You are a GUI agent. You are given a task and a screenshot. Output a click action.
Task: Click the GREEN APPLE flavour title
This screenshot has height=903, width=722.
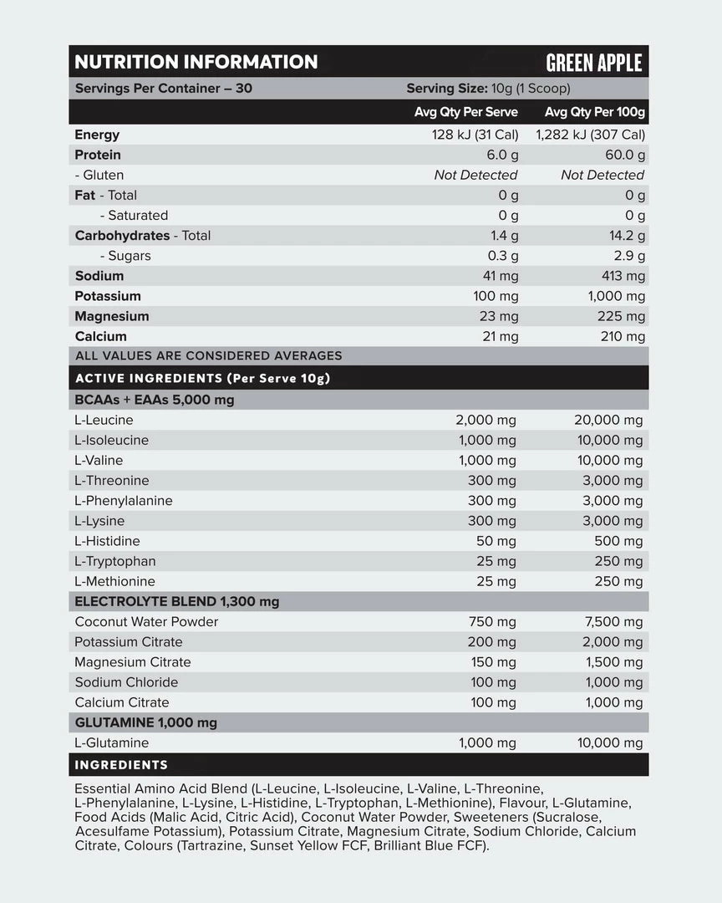coord(593,63)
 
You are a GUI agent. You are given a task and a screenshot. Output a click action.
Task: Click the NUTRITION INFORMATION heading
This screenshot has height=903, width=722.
coord(196,62)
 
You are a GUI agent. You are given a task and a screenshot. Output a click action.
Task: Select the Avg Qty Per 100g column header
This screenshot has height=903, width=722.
coord(595,112)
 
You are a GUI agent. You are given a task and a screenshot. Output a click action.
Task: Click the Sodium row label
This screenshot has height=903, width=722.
coord(99,276)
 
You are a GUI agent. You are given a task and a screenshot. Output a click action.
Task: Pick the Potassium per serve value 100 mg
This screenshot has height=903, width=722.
coord(496,296)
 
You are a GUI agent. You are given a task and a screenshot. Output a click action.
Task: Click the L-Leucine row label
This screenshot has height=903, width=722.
coord(104,420)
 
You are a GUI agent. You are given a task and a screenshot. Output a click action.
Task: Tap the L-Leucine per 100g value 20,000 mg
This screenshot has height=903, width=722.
coord(608,420)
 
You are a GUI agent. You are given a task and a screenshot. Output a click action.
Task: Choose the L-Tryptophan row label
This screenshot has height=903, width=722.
coord(115,561)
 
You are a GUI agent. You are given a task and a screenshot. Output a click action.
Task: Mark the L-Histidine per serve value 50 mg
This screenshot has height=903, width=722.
coord(496,541)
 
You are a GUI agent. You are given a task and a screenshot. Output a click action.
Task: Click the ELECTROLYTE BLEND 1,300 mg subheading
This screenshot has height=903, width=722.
coord(177,601)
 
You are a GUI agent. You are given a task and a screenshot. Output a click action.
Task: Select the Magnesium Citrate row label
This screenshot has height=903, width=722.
coord(133,661)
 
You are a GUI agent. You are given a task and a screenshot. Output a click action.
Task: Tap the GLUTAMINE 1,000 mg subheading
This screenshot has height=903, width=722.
coord(146,722)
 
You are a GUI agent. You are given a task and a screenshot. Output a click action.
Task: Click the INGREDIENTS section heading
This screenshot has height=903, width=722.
coord(121,764)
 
